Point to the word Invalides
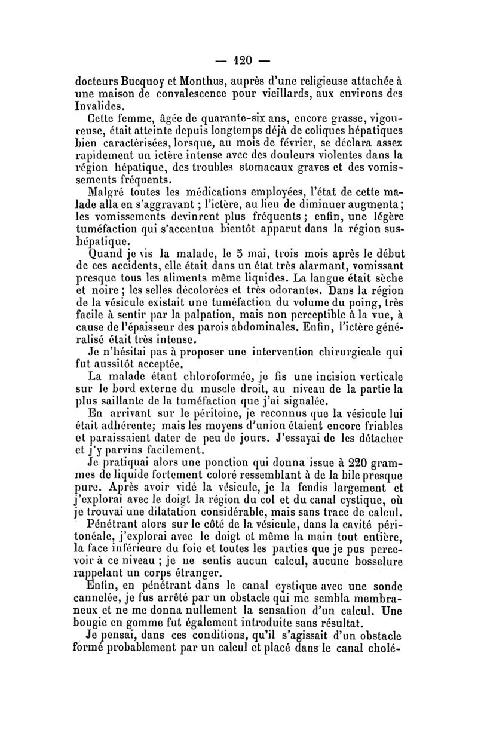pos(102,106)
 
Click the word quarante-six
pos(222,119)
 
